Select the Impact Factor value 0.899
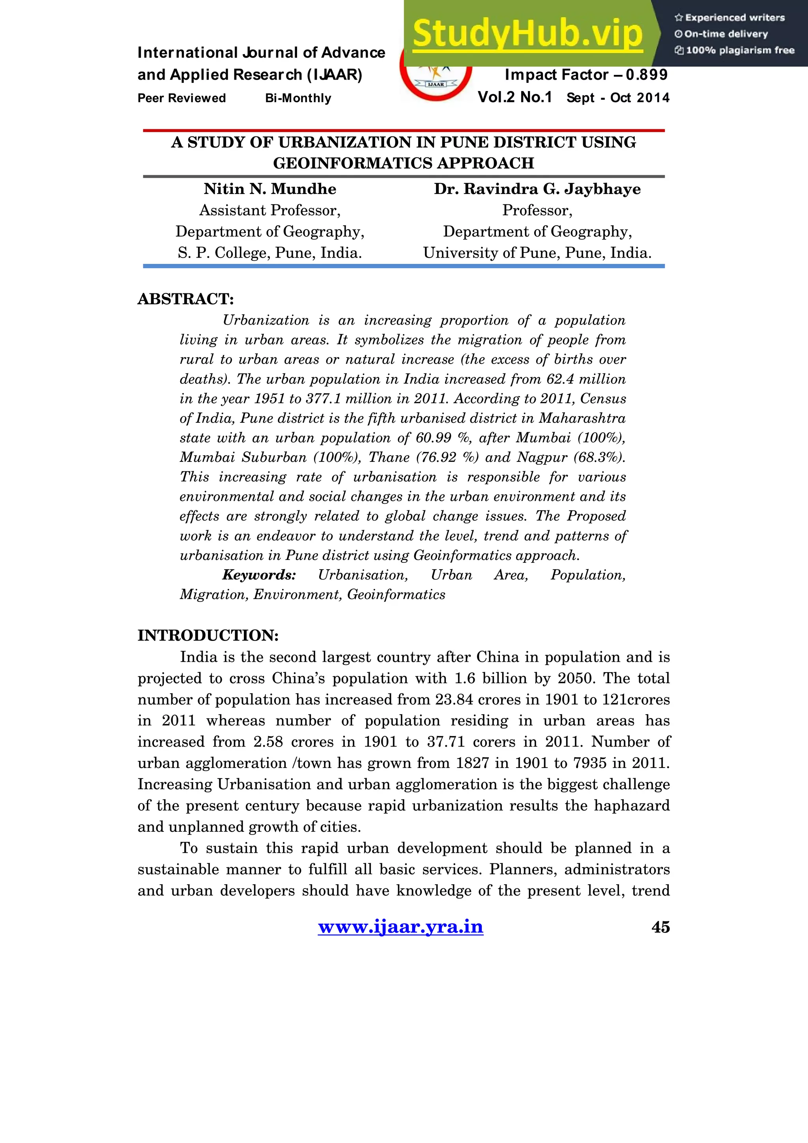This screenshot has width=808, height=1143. pos(647,75)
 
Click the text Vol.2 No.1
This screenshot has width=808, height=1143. pos(514,97)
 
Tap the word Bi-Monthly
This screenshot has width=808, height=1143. pos(298,98)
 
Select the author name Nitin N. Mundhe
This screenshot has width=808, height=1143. pos(269,189)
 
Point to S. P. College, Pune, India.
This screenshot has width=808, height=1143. pos(269,253)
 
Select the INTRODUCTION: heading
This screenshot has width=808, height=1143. pos(208,635)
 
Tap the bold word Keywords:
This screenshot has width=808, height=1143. pos(259,575)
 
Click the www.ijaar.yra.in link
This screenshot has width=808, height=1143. pos(400,926)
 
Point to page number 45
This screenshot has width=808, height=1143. pos(660,927)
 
